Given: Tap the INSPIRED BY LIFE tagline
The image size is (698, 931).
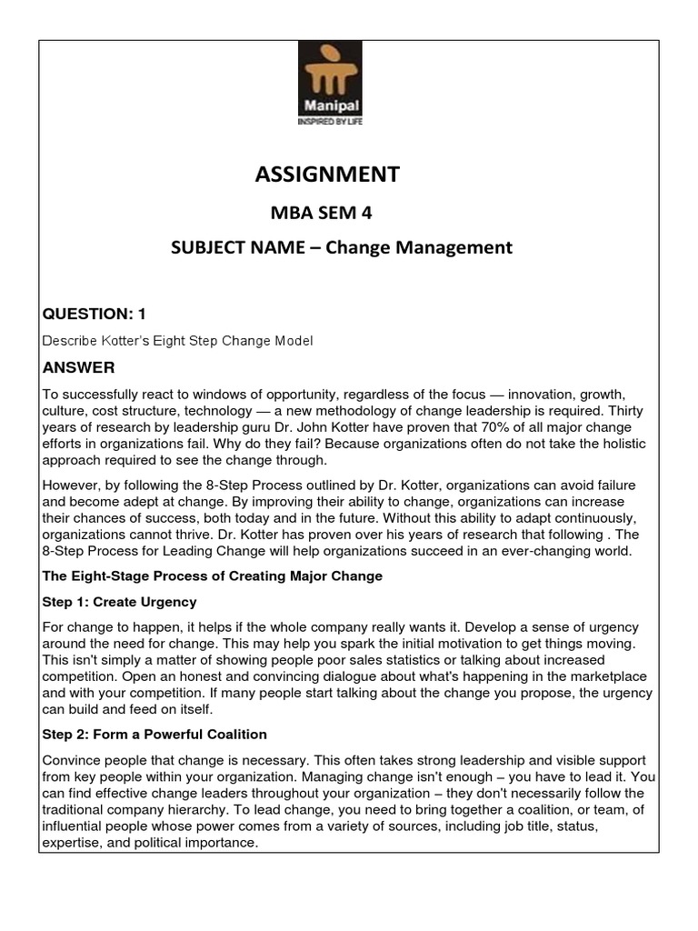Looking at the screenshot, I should [x=331, y=121].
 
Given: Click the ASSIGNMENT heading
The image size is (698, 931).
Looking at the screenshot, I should [x=327, y=174].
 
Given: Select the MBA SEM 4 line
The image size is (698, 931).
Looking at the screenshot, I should [x=317, y=214].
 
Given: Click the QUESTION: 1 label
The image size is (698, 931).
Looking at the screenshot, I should [x=95, y=314].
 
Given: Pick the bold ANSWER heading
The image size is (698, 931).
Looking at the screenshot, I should [x=78, y=367].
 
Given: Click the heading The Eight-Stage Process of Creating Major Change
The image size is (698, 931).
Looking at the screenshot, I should [x=213, y=576].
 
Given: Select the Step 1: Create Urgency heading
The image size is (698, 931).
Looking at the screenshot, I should [x=119, y=602].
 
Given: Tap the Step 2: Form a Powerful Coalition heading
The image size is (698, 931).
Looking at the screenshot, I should [x=155, y=734].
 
